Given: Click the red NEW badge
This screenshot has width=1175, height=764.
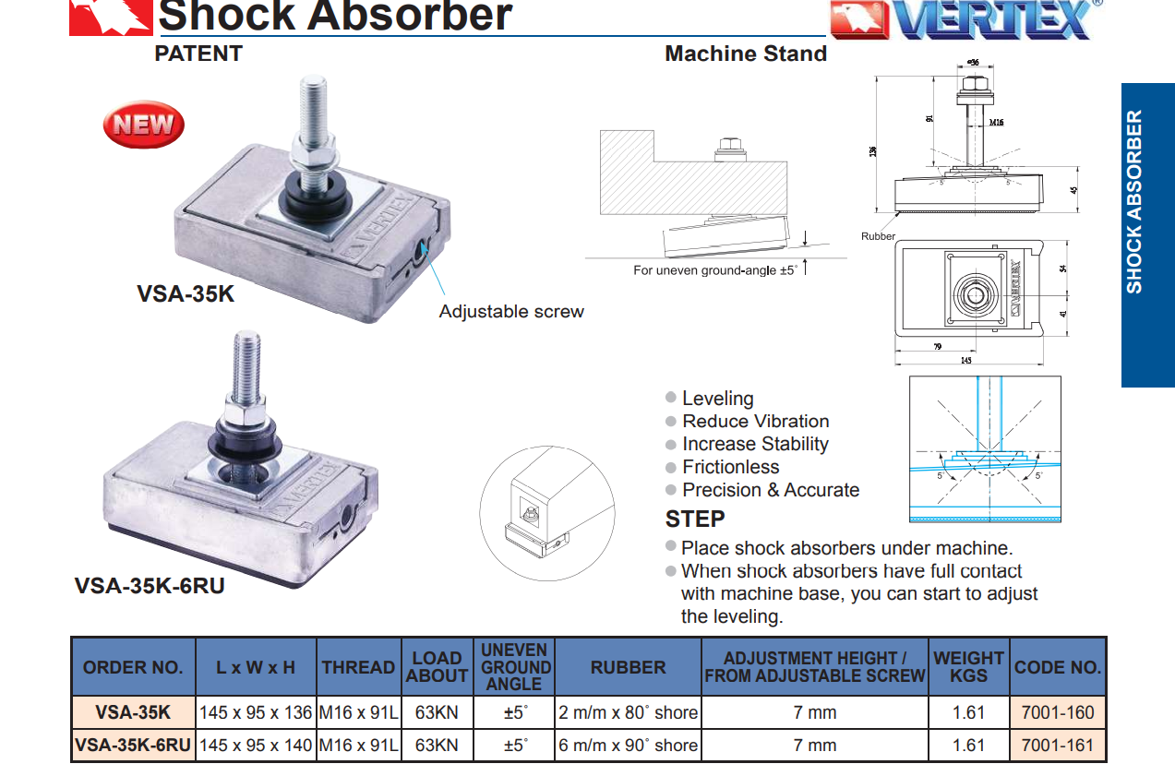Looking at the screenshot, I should (143, 125).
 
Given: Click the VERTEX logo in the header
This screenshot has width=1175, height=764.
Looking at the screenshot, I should (960, 19).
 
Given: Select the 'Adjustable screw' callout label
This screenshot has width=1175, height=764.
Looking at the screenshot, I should (511, 312).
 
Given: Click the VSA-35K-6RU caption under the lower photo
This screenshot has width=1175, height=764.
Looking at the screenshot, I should (150, 586).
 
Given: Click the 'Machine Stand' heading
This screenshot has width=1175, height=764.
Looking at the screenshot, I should (746, 54).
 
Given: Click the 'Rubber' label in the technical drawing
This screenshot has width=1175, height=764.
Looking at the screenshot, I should (878, 236).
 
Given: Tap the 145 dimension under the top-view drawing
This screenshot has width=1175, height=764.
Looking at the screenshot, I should (965, 361).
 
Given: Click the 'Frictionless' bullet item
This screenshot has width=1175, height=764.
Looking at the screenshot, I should (730, 467).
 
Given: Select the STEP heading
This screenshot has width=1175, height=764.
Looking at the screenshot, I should (695, 519).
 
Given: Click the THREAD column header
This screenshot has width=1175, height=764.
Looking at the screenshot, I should (358, 667).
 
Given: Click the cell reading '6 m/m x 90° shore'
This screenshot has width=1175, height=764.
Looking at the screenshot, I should (628, 745).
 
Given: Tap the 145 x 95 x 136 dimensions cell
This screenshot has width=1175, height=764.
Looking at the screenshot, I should (256, 712).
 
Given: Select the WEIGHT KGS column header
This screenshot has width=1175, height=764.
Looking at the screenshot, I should (968, 666).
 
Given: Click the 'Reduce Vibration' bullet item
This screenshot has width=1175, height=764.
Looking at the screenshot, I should (755, 421).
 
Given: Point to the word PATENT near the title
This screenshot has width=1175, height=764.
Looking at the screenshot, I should (198, 54).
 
